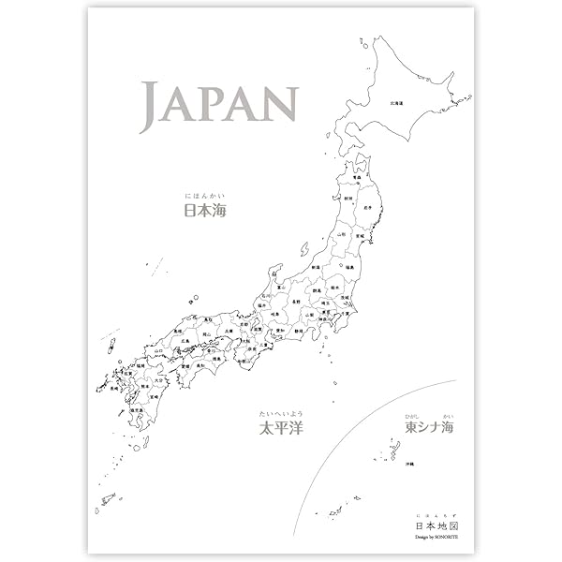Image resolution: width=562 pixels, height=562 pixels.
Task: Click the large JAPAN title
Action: tap(219, 105)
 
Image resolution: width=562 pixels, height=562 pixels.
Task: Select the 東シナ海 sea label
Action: tap(428, 427)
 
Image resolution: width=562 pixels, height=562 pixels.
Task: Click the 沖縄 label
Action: tap(409, 465)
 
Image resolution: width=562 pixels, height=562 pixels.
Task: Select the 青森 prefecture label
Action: tap(357, 175)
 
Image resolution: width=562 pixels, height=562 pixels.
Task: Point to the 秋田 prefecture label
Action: tap(348, 199)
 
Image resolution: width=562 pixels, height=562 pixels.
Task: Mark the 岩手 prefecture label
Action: tap(368, 207)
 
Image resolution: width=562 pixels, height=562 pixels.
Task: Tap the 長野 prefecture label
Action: tap(296, 302)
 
